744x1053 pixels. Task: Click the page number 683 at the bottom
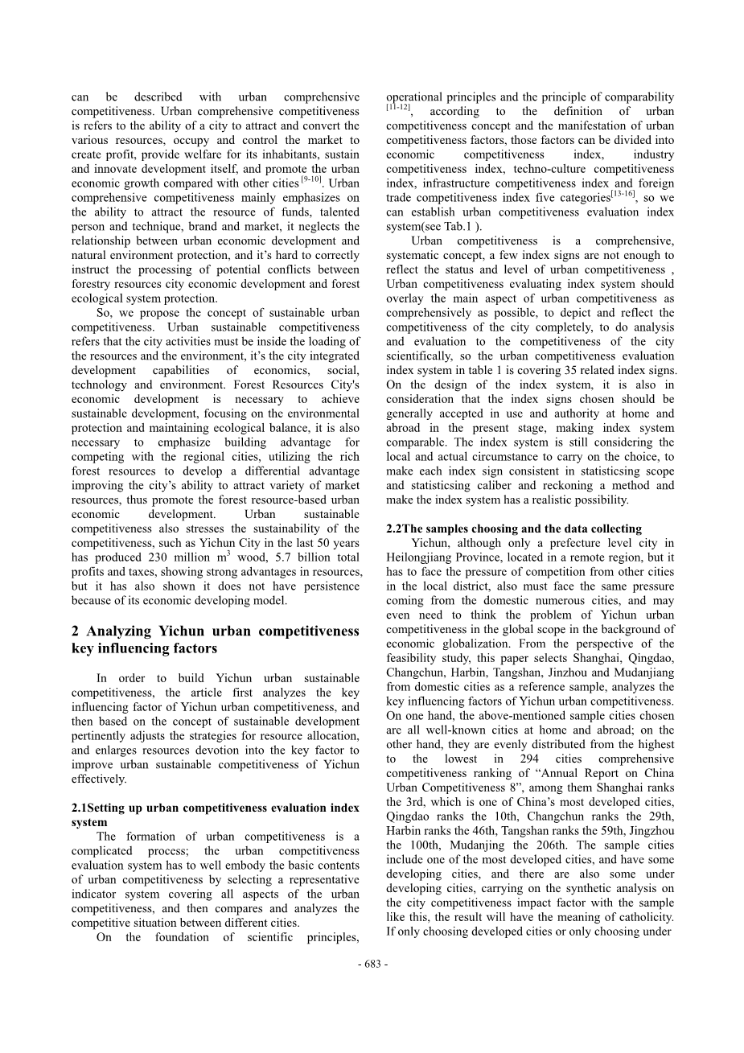tap(372, 965)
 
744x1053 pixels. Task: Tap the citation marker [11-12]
tap(398, 107)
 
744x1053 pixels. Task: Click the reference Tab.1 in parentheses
tap(466, 228)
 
